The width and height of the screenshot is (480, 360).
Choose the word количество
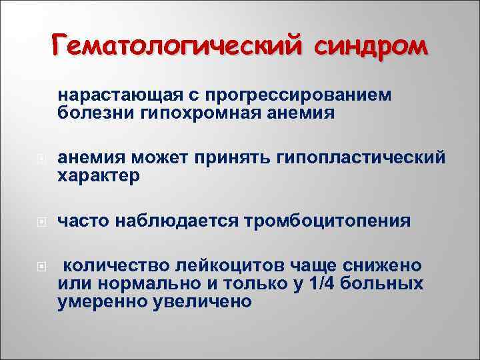113,265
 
